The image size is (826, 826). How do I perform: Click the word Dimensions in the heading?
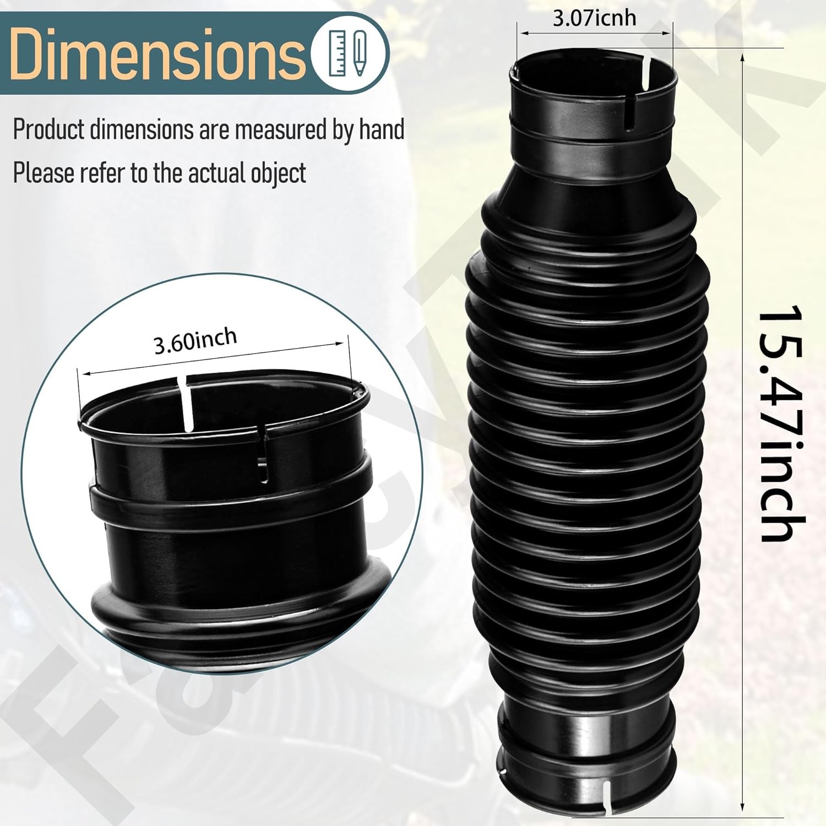pyautogui.click(x=157, y=54)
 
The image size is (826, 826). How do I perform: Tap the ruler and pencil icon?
pyautogui.click(x=350, y=53)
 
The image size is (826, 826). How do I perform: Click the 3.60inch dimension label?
pyautogui.click(x=195, y=342)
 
